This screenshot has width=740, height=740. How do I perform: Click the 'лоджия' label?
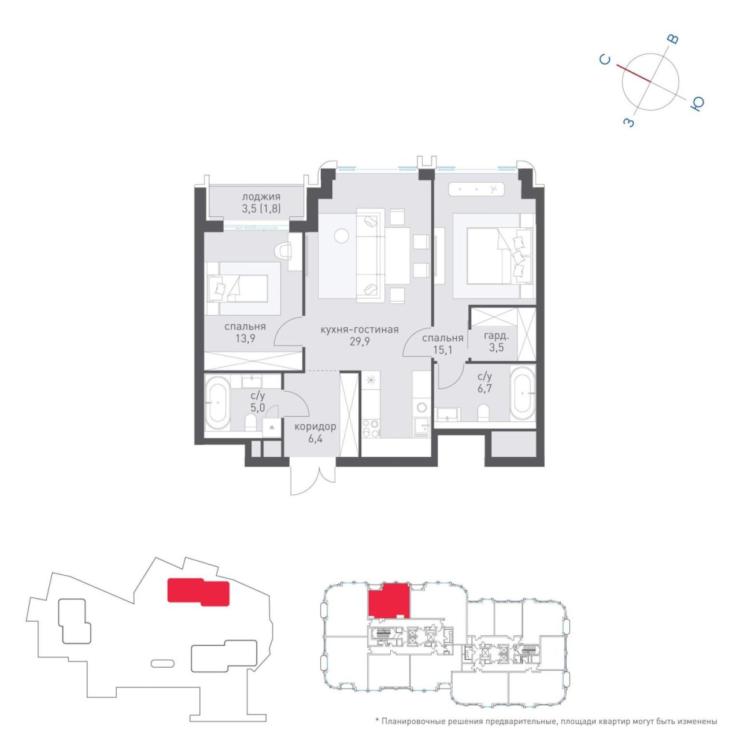[x=261, y=197]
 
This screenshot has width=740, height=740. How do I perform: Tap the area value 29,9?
[x=360, y=342]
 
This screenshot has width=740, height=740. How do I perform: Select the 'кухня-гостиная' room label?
[x=360, y=330]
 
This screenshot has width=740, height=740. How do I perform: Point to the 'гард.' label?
[x=496, y=336]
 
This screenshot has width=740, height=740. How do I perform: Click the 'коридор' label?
[x=315, y=426]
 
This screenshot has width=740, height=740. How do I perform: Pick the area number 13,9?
[x=246, y=339]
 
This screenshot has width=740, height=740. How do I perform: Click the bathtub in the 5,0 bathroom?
[x=217, y=403]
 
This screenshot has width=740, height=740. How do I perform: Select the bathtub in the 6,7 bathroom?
[x=522, y=394]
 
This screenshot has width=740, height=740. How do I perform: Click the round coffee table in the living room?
[x=341, y=235]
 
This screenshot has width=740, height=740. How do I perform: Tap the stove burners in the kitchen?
[x=371, y=428]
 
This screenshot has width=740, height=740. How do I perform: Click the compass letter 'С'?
[x=605, y=60]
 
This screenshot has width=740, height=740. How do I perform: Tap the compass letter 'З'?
[x=628, y=123]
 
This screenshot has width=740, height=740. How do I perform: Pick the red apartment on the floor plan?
[x=388, y=601]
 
